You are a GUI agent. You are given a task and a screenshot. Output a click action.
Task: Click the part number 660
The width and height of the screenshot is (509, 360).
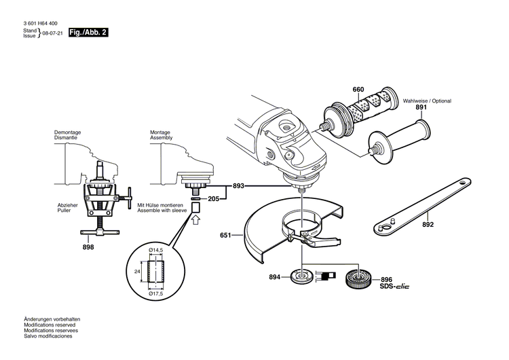pyautogui.click(x=358, y=90)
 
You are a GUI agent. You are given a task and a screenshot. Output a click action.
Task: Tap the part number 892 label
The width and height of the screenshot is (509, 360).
pyautogui.click(x=428, y=223)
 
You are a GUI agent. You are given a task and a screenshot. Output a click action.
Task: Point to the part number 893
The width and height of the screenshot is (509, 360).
pyautogui.click(x=238, y=185)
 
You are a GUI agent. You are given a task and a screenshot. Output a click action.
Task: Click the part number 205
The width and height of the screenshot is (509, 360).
pyautogui.click(x=213, y=199)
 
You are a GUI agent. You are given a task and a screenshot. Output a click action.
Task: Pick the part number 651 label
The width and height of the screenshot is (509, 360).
pyautogui.click(x=226, y=236)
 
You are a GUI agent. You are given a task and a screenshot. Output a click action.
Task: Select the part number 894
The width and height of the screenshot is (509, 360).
pyautogui.click(x=274, y=277)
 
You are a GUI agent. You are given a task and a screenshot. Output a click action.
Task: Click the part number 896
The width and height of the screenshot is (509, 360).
pyautogui.click(x=386, y=279)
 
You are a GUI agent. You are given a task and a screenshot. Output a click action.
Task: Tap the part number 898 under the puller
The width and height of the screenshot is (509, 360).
pyautogui.click(x=88, y=247)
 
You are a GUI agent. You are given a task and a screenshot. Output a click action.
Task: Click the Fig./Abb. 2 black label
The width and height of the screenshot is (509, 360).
pyautogui.click(x=88, y=33)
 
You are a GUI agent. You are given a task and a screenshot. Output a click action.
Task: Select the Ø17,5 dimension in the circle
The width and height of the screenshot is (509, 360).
pyautogui.click(x=157, y=293)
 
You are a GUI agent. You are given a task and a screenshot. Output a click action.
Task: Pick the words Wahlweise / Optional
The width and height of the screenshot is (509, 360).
pyautogui.click(x=427, y=101)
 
